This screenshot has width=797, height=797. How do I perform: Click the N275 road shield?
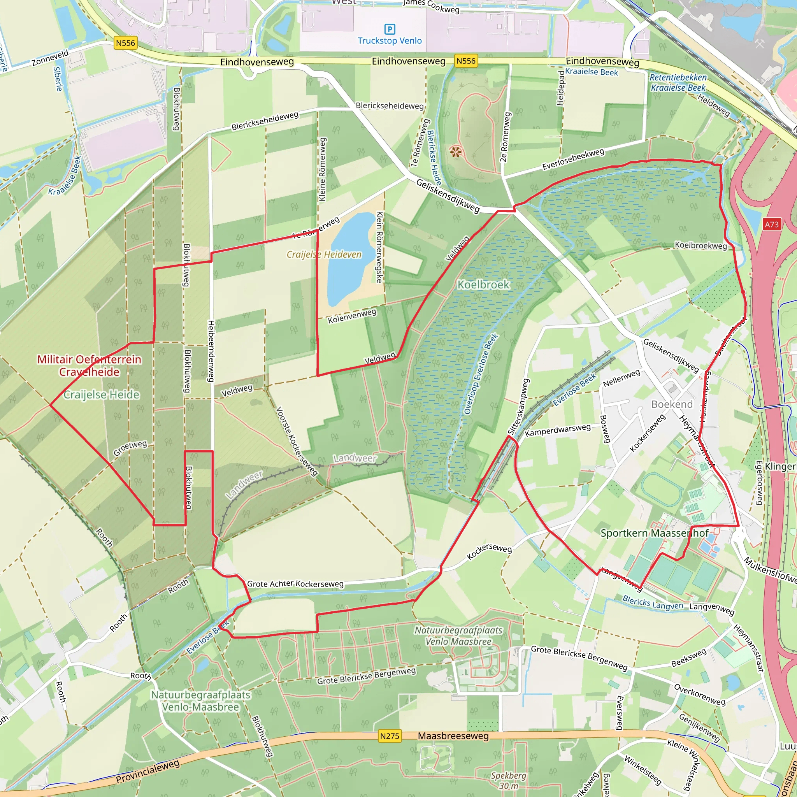click(x=390, y=736)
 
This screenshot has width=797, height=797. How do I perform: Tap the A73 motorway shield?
click(x=771, y=225)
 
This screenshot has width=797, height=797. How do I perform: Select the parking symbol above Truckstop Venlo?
click(x=390, y=29)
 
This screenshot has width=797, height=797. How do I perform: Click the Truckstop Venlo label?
click(x=390, y=41)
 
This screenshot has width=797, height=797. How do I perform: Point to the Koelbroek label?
click(x=483, y=284)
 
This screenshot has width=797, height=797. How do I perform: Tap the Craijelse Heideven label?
click(x=324, y=255)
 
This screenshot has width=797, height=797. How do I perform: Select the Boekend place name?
click(x=672, y=404)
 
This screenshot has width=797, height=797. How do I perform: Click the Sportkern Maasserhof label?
click(x=654, y=533)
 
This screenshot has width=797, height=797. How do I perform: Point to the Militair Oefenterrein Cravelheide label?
click(x=90, y=365)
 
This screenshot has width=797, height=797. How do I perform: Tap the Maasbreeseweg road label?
click(x=453, y=736)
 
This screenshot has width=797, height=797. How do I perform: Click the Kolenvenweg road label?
click(x=352, y=316)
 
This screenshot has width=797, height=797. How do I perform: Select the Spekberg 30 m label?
click(x=508, y=781)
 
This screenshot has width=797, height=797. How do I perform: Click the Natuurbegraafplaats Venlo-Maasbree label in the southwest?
click(x=200, y=701)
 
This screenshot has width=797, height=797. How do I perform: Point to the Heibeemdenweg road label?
click(x=211, y=351)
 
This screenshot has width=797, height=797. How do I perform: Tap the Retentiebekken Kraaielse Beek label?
click(x=678, y=83)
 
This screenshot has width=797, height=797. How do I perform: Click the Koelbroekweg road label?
click(x=700, y=246)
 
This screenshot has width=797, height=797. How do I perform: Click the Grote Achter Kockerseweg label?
click(x=295, y=584)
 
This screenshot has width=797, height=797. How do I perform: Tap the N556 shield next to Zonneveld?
click(x=125, y=43)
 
